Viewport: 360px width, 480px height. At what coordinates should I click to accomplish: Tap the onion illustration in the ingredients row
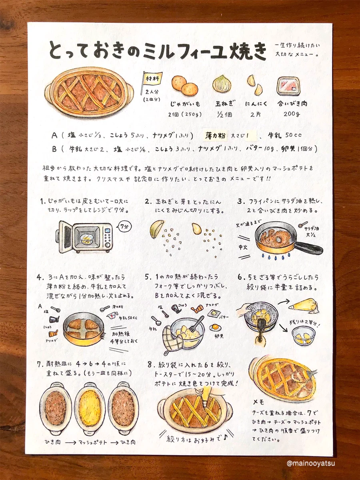click(x=222, y=84)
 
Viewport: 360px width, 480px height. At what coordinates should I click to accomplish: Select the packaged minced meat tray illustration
click(x=288, y=86)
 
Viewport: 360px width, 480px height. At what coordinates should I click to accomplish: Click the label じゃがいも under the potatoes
click(x=185, y=104)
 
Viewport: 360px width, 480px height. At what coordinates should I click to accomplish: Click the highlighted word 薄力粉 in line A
click(x=215, y=136)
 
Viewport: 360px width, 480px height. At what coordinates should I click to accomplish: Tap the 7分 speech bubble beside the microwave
click(x=124, y=227)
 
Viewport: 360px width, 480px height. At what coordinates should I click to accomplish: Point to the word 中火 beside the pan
click(x=243, y=247)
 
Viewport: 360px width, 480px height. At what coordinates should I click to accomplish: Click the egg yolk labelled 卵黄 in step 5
click(x=215, y=327)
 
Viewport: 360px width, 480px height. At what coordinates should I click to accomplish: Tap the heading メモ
click(x=258, y=402)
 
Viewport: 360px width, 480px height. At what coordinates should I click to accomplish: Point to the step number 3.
click(x=240, y=202)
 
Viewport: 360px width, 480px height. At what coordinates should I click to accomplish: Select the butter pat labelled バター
click(x=212, y=313)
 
